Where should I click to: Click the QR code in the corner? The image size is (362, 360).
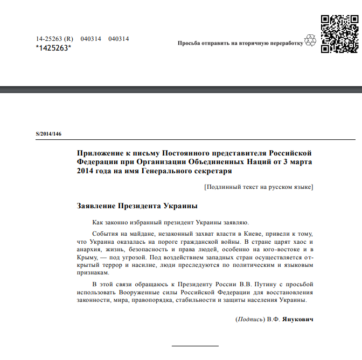pos(339,33)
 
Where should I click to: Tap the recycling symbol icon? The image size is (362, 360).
pos(310,40)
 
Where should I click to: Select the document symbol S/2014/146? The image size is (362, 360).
pos(45,133)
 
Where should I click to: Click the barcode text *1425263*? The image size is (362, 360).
pos(53,48)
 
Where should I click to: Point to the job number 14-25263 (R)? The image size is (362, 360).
pos(54,39)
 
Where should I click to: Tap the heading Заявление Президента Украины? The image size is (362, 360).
pos(137,206)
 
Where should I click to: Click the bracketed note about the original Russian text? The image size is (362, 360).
pos(259,187)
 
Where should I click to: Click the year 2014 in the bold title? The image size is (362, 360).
pos(86,171)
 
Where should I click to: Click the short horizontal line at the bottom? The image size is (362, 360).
pos(196,345)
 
